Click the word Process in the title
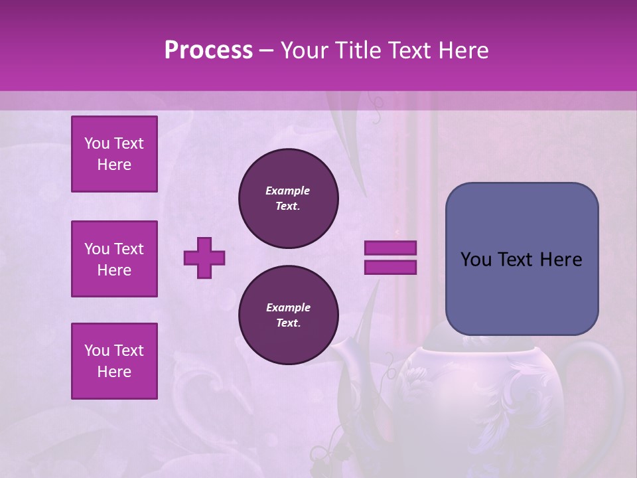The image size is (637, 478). [x=208, y=50]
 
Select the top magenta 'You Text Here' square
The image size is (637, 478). [x=114, y=154]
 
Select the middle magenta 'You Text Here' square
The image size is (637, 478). [x=114, y=259]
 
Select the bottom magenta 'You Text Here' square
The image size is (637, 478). [x=114, y=361]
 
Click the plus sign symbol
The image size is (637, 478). [x=204, y=258]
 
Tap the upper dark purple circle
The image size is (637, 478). [x=289, y=199]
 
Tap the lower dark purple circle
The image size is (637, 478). [x=289, y=315]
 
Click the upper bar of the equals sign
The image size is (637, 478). [x=390, y=248]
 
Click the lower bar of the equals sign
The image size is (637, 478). [x=390, y=268]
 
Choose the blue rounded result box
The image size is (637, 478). [x=522, y=292]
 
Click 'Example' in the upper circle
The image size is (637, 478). [x=288, y=191]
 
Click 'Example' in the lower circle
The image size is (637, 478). [x=288, y=308]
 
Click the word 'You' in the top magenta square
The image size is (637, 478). [x=96, y=143]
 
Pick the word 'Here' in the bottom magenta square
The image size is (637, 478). [x=114, y=372]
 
